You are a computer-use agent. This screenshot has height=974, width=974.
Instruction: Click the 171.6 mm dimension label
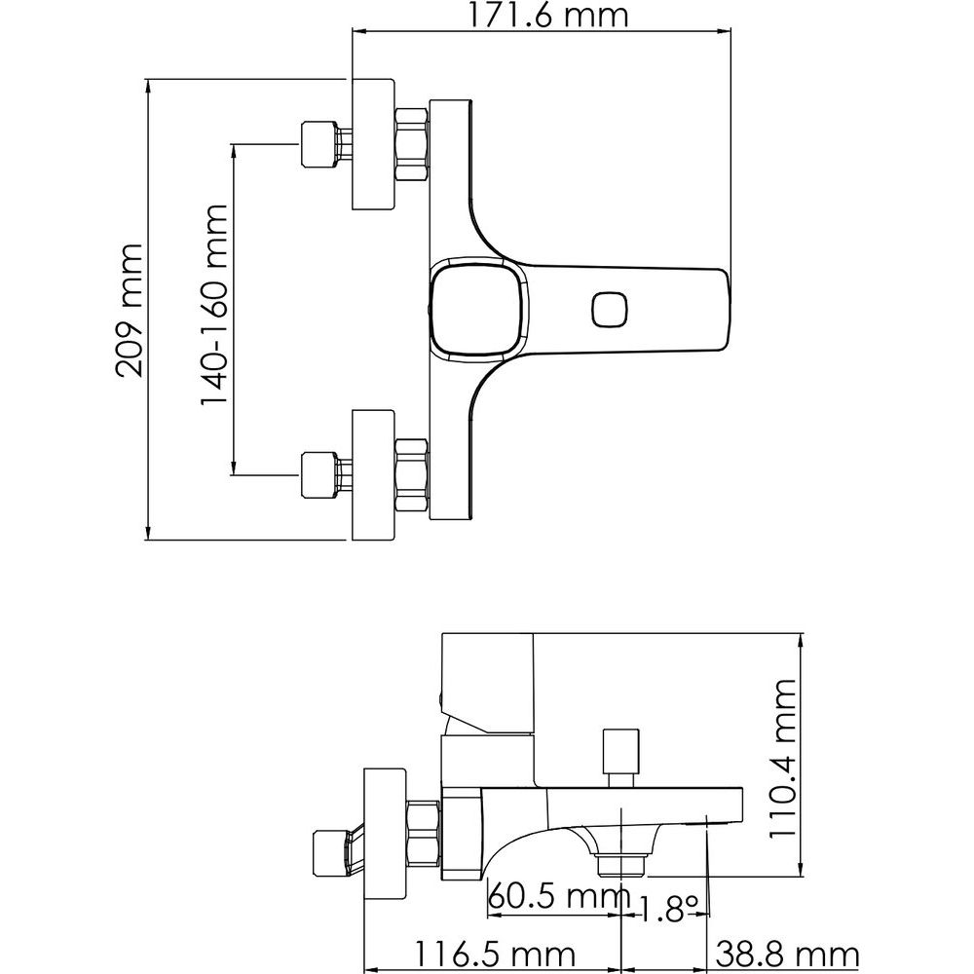(x=547, y=15)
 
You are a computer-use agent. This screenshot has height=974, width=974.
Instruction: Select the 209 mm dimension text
(x=130, y=310)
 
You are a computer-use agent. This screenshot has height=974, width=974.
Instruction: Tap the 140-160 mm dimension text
(x=214, y=306)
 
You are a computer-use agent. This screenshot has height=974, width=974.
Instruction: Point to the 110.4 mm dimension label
(x=783, y=759)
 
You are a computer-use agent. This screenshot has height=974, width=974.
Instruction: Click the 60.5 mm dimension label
(x=559, y=896)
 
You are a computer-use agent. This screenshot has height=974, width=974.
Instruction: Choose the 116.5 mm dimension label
(x=495, y=954)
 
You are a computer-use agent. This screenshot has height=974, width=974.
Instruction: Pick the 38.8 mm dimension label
(x=788, y=954)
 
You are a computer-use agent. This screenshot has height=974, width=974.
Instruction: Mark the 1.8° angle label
(x=668, y=908)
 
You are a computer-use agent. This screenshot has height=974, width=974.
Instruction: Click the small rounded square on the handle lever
(x=610, y=310)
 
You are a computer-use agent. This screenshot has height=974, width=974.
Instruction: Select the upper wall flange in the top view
(x=373, y=144)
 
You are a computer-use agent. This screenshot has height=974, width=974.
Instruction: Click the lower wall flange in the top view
(x=373, y=474)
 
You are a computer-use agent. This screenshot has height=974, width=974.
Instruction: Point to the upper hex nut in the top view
(x=411, y=144)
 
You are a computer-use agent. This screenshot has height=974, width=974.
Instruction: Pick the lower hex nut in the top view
(x=411, y=474)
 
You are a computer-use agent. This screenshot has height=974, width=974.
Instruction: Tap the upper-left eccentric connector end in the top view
(x=318, y=144)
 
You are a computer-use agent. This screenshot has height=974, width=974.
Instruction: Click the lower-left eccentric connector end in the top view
(x=318, y=475)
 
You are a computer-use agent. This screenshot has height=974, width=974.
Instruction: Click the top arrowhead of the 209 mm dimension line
(x=148, y=87)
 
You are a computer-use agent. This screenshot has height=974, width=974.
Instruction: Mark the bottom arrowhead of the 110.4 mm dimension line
(x=802, y=869)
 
